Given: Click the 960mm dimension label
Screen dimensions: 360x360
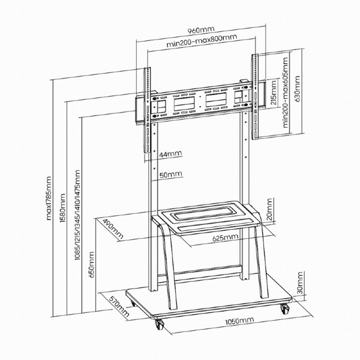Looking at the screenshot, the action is pyautogui.click(x=201, y=30).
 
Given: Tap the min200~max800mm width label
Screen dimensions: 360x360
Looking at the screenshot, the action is pyautogui.click(x=201, y=40).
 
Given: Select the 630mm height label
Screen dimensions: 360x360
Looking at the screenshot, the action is pyautogui.click(x=297, y=89).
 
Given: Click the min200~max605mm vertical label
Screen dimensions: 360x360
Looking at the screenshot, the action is pyautogui.click(x=285, y=93).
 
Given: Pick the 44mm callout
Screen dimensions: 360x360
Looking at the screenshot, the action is pyautogui.click(x=171, y=153).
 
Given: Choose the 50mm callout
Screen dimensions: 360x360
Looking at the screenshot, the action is pyautogui.click(x=171, y=174).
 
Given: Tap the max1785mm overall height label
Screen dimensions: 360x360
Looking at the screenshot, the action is pyautogui.click(x=49, y=198).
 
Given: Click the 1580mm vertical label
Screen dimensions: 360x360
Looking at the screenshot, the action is pyautogui.click(x=63, y=208).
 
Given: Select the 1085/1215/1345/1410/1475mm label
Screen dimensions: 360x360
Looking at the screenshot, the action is pyautogui.click(x=77, y=215).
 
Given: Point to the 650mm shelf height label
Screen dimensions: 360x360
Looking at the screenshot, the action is pyautogui.click(x=91, y=265).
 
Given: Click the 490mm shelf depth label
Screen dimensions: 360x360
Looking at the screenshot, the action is pyautogui.click(x=113, y=229).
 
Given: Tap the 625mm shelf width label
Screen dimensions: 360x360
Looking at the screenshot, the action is pyautogui.click(x=225, y=238).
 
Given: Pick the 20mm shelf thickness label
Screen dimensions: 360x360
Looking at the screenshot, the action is pyautogui.click(x=270, y=209).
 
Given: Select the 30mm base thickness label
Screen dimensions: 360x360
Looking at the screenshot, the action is pyautogui.click(x=300, y=283).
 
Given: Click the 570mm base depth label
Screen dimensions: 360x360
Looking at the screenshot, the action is pyautogui.click(x=119, y=306).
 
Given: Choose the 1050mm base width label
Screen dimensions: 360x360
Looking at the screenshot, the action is pyautogui.click(x=239, y=321).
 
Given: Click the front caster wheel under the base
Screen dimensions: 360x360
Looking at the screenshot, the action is pyautogui.click(x=160, y=324).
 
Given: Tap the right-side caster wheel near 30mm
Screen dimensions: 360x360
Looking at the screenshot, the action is pyautogui.click(x=284, y=309).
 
